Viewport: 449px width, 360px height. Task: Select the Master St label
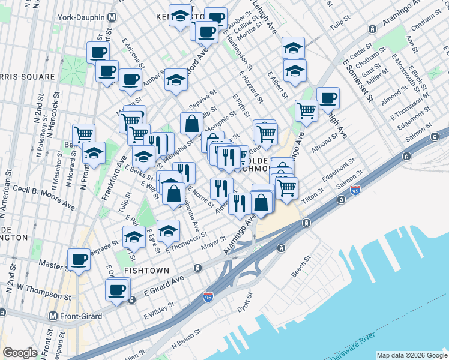coord(52,263)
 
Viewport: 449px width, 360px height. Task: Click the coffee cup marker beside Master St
coord(79,259)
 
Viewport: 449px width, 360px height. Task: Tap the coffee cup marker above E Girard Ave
coord(117,290)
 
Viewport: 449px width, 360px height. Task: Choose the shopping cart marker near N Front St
coord(83,134)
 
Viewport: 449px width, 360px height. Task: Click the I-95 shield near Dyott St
coord(208,296)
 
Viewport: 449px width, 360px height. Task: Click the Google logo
coord(20,353)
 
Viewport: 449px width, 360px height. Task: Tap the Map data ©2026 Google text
coord(412,355)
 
